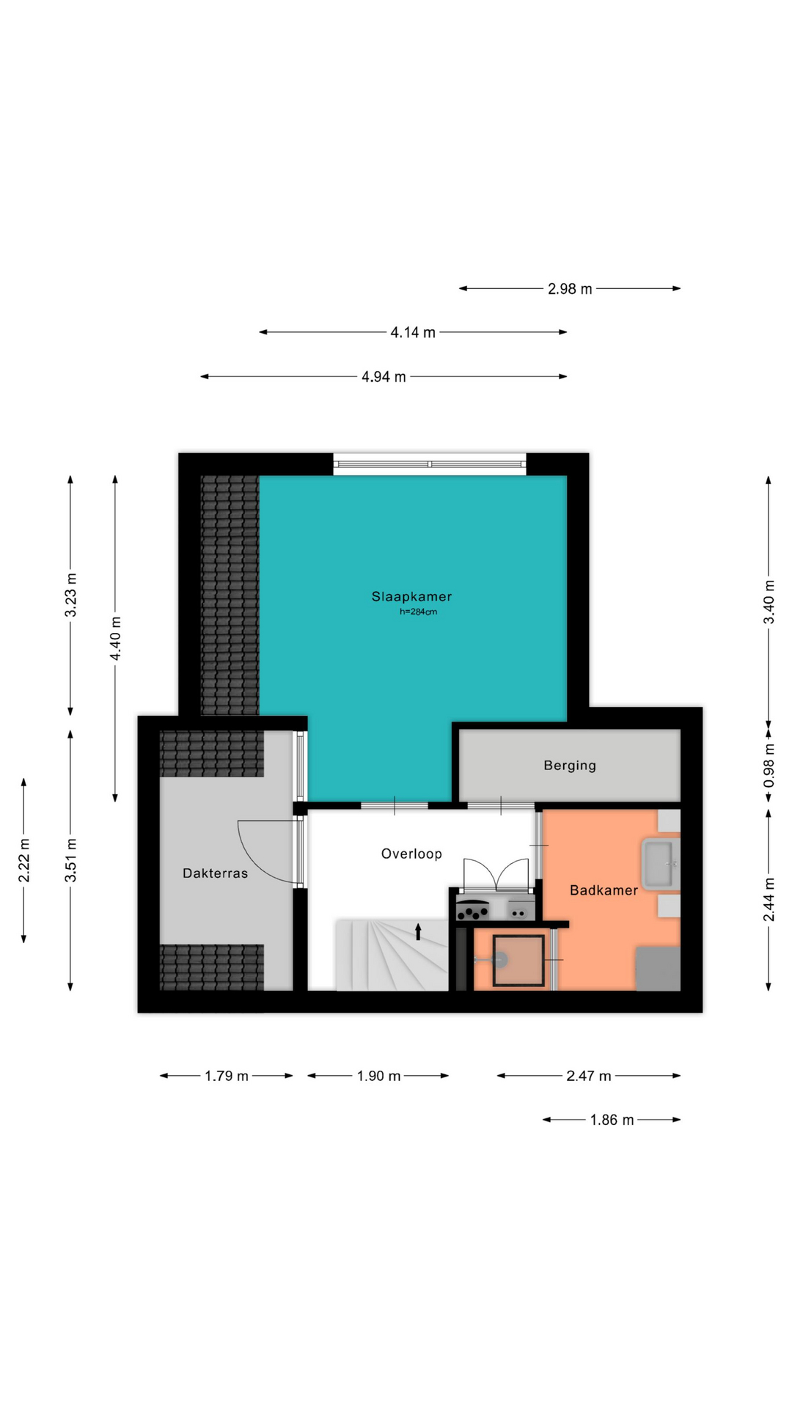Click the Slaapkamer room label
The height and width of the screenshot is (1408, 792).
[x=411, y=597]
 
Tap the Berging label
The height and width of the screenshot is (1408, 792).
[x=570, y=766]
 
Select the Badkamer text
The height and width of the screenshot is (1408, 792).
[x=604, y=890]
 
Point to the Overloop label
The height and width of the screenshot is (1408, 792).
[x=411, y=854]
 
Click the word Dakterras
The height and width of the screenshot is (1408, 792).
[x=215, y=873]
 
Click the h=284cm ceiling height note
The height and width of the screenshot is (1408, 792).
[x=418, y=612]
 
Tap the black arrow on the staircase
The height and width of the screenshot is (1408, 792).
[x=419, y=931]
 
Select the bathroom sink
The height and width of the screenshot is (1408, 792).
[x=661, y=864]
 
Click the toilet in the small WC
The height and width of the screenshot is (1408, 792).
[x=492, y=958]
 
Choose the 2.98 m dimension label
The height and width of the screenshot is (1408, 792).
[x=570, y=289]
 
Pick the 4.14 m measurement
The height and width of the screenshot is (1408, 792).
[x=413, y=332]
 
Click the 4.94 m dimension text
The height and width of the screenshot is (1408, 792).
[x=384, y=377]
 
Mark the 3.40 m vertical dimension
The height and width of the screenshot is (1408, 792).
[x=769, y=601]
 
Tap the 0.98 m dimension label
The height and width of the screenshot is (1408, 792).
[x=769, y=766]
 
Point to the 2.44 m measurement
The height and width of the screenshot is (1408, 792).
[x=769, y=899]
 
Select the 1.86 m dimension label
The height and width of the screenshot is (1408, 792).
[x=612, y=1120]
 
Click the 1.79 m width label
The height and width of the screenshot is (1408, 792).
[x=227, y=1076]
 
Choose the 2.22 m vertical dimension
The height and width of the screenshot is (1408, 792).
[x=24, y=860]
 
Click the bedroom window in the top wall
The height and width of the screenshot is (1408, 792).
[x=430, y=463]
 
